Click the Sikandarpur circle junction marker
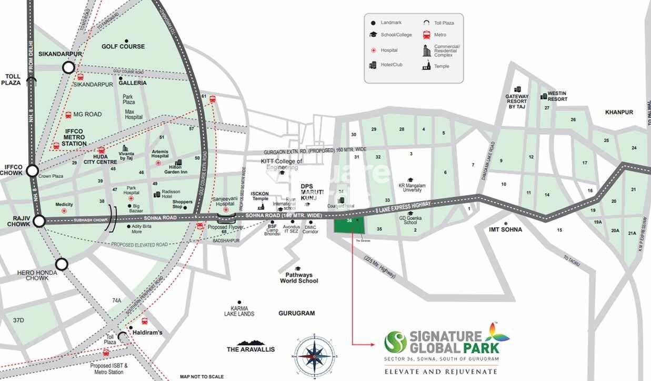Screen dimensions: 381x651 68,67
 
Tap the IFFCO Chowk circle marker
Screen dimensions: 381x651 33,171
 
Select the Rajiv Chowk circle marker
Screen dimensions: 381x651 39,221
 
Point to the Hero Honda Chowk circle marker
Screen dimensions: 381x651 62,264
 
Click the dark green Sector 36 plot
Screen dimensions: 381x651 349,225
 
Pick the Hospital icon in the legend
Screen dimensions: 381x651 373,50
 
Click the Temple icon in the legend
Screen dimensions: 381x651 426,66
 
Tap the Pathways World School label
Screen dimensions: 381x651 299,278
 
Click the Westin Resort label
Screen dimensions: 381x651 557,96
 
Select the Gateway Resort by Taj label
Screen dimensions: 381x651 517,102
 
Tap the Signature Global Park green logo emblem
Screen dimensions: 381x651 396,342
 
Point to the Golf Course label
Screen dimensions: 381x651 123,46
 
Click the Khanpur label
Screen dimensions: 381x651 619,112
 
